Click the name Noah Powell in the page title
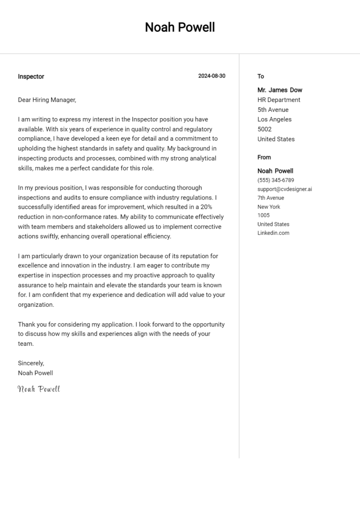(x=180, y=28)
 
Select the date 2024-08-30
(x=211, y=76)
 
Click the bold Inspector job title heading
(x=31, y=76)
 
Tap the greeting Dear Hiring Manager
(x=47, y=100)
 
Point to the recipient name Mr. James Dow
(x=280, y=90)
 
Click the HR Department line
(x=279, y=100)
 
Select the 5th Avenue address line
(x=273, y=110)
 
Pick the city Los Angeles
(x=274, y=119)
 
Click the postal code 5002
(x=264, y=129)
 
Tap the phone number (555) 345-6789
(x=276, y=180)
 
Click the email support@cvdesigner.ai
(x=285, y=189)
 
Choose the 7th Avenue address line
(x=270, y=198)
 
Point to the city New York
(x=269, y=207)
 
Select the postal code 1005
(x=263, y=215)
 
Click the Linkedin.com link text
(x=273, y=233)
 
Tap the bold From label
(x=264, y=157)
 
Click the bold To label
(x=261, y=76)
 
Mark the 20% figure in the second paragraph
(x=207, y=207)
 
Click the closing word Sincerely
(x=31, y=363)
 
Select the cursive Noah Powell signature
(x=39, y=389)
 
